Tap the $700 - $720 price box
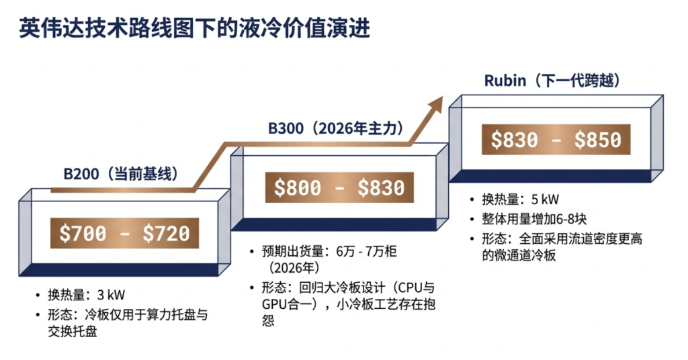click(124, 232)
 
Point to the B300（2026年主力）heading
click(336, 128)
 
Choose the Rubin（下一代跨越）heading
click(552, 81)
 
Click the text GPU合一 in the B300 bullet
click(285, 305)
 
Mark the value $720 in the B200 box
click(166, 232)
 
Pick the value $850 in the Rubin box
click(598, 139)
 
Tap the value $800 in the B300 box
click(294, 187)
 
